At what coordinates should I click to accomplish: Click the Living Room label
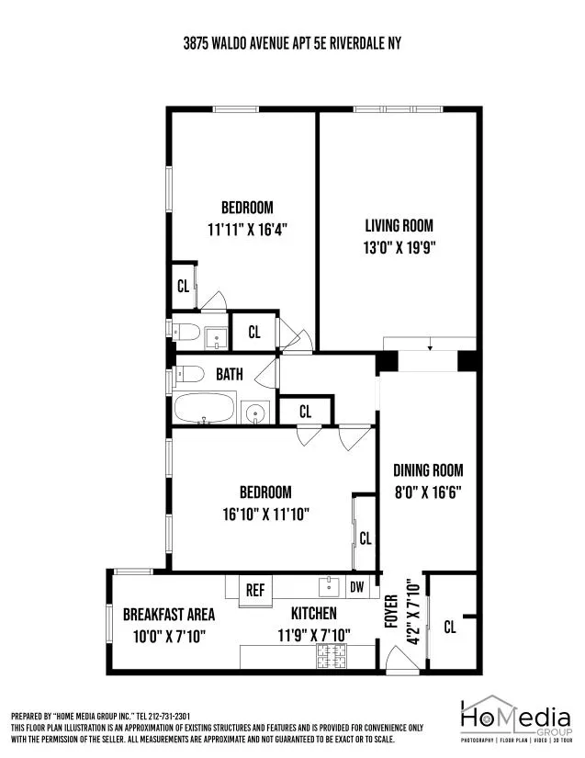[399, 225]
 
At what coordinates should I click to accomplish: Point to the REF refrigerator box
[254, 590]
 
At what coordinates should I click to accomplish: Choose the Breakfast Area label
[169, 614]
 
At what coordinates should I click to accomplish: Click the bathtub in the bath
[205, 408]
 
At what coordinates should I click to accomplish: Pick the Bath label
[230, 374]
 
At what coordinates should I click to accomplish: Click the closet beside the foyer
[450, 627]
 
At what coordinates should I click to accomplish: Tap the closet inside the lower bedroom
[365, 538]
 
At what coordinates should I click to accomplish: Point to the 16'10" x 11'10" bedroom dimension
[265, 514]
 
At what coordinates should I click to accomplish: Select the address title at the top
[292, 43]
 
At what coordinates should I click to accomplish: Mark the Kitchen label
[314, 614]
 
